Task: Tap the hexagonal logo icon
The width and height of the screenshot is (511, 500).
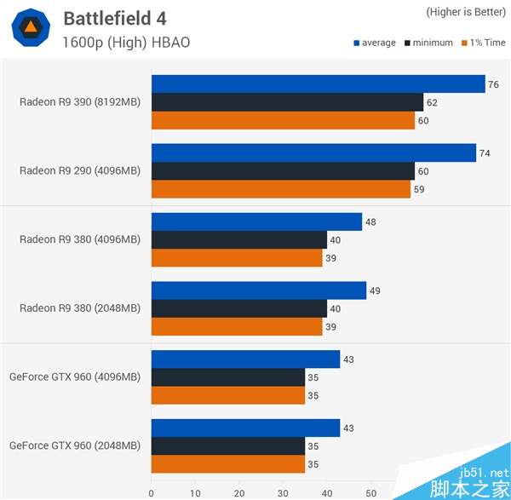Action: coord(30,28)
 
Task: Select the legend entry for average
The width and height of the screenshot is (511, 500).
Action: coord(374,43)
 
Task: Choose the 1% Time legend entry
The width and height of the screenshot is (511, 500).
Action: coord(483,43)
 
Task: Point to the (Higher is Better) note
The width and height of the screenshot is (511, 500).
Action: coord(466,12)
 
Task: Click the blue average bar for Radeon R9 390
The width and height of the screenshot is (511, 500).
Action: coord(318,83)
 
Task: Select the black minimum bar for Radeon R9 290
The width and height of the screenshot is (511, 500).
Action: coord(283,170)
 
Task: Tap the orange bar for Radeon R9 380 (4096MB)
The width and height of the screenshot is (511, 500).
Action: coord(237,258)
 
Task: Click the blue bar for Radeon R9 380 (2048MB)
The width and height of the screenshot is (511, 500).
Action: coord(259,290)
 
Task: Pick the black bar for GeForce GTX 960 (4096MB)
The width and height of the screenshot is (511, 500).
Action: coord(228,377)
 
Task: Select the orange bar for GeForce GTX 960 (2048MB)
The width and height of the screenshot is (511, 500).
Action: coord(228,464)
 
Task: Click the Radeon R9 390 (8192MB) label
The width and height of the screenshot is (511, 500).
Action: coord(80,102)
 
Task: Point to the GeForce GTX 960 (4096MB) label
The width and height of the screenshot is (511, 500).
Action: coord(75,376)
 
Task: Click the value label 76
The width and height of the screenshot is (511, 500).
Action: coord(493,84)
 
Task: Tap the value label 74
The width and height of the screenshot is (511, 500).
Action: coord(485,153)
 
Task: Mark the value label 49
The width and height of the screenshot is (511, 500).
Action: coord(375,290)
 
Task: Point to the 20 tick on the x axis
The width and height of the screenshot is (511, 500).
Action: coord(238,491)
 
